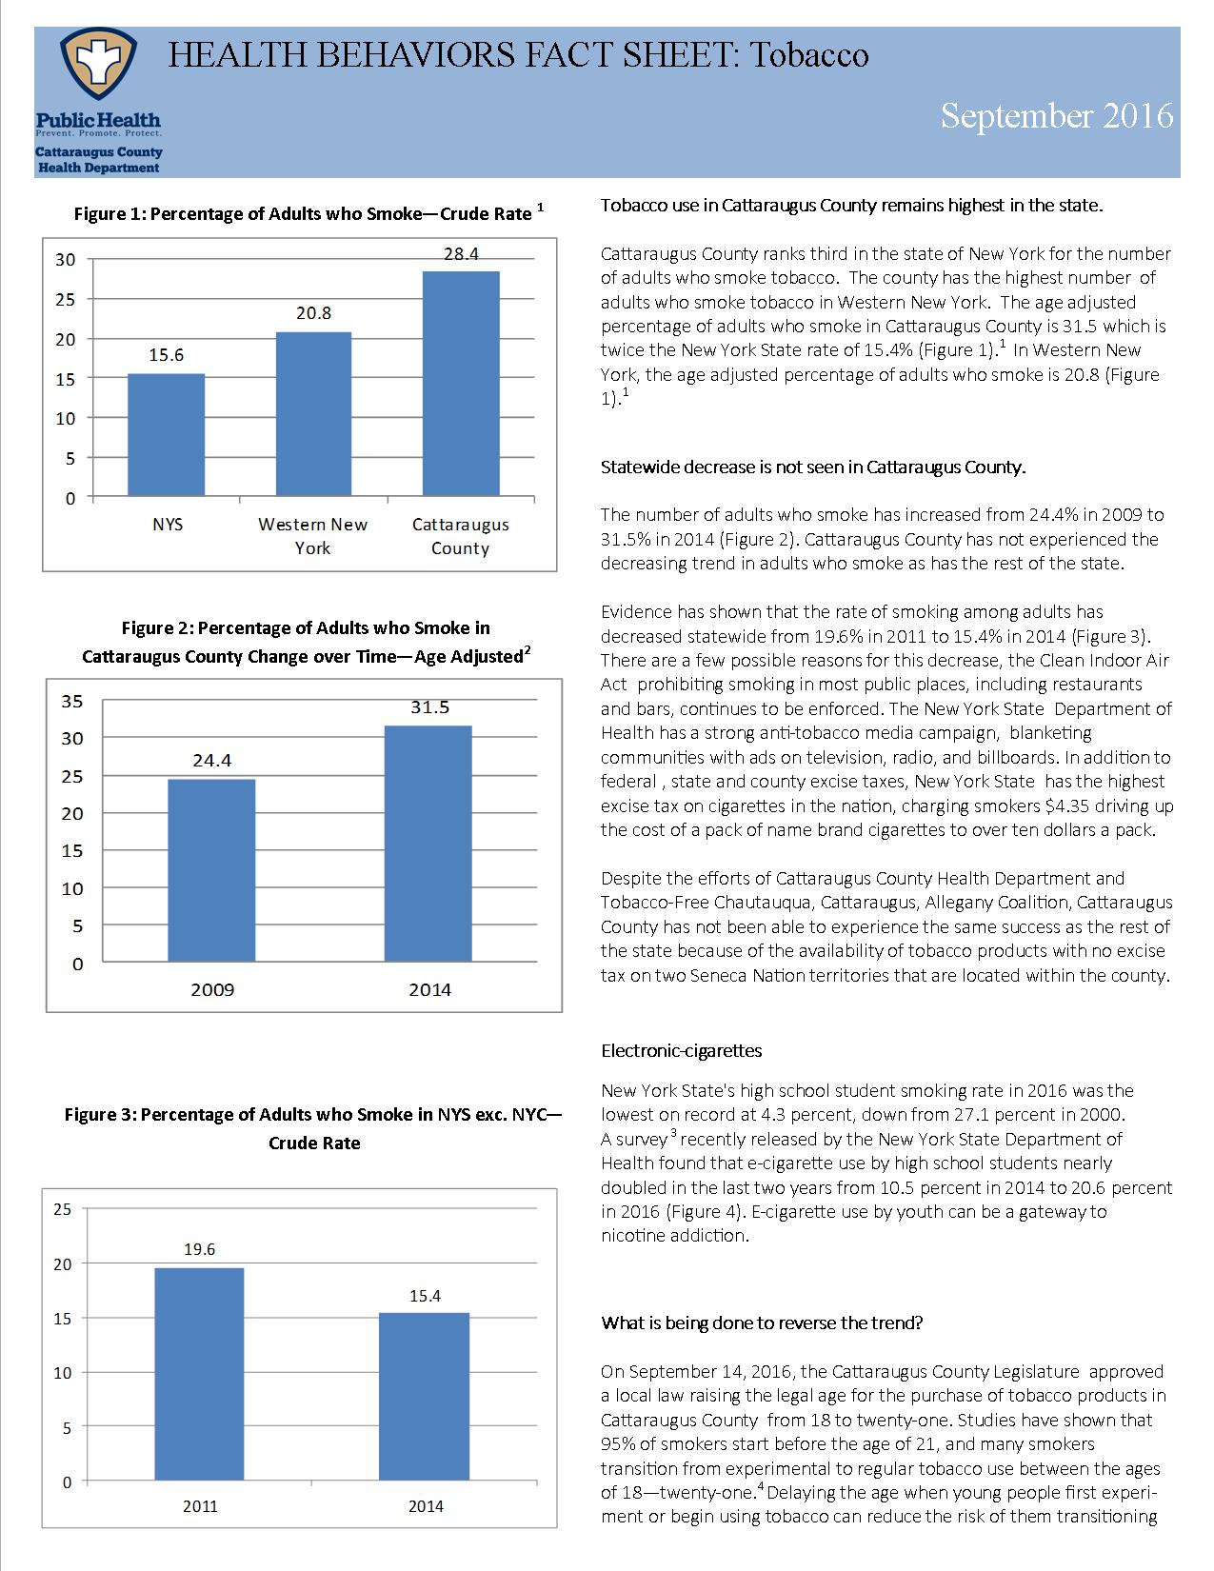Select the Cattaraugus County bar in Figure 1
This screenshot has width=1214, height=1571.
(460, 384)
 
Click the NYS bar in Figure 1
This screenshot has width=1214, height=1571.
(166, 435)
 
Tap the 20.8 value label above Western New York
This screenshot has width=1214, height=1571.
(313, 313)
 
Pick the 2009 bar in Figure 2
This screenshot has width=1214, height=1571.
(211, 870)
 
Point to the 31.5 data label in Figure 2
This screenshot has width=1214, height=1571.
(429, 707)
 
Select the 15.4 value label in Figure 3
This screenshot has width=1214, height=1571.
(425, 1296)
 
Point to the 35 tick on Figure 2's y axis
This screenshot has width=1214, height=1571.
(72, 702)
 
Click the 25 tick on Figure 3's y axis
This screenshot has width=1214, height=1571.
(62, 1209)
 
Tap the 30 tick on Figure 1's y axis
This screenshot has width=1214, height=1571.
(65, 259)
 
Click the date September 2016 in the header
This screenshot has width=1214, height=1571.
(1056, 116)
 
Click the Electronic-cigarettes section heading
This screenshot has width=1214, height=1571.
(682, 1051)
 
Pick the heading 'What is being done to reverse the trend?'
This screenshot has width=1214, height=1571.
(762, 1322)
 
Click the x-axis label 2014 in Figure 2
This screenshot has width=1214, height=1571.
(429, 989)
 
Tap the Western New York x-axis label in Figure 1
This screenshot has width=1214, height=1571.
(312, 536)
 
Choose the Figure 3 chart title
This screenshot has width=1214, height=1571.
(313, 1128)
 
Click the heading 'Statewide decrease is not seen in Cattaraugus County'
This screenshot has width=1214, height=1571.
(813, 467)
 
